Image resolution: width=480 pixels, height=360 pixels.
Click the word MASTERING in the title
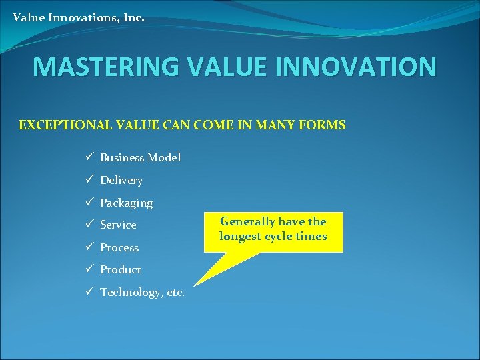tap(104, 67)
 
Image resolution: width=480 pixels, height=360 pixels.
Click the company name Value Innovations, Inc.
tap(78, 18)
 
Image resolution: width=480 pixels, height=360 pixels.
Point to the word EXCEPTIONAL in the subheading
tap(60, 125)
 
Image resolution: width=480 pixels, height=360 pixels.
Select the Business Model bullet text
tap(140, 158)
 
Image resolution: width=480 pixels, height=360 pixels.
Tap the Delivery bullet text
tap(121, 180)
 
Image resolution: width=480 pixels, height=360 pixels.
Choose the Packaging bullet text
tap(126, 203)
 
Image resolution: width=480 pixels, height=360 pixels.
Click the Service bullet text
tap(118, 225)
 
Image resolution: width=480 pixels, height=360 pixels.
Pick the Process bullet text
tap(119, 247)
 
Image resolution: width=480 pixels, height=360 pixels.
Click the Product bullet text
tap(121, 269)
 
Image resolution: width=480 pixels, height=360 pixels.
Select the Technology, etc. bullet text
tap(143, 293)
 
